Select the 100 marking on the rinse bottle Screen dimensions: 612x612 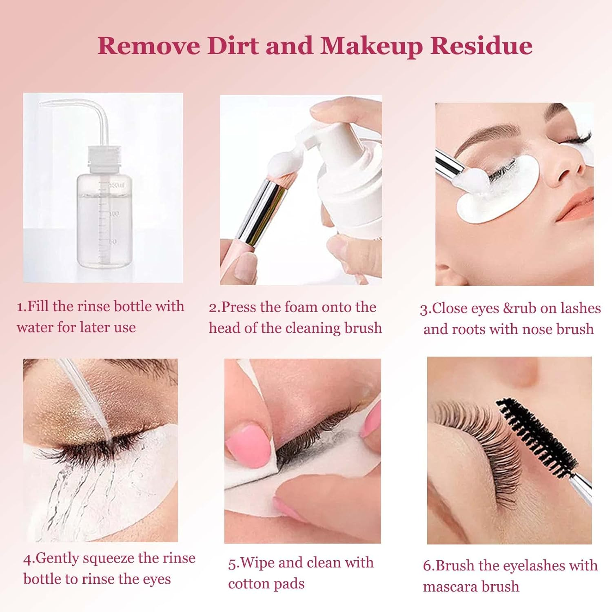click(114, 213)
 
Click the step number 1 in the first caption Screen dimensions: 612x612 click(20, 307)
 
